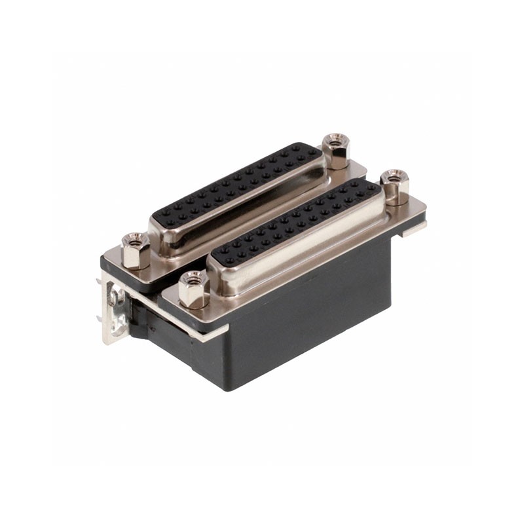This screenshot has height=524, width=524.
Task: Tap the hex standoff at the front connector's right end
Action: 394,186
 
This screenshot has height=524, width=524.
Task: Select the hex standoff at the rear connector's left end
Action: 136,250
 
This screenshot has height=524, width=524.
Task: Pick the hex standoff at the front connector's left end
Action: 194,290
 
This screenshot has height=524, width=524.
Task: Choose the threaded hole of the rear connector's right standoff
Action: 336,139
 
